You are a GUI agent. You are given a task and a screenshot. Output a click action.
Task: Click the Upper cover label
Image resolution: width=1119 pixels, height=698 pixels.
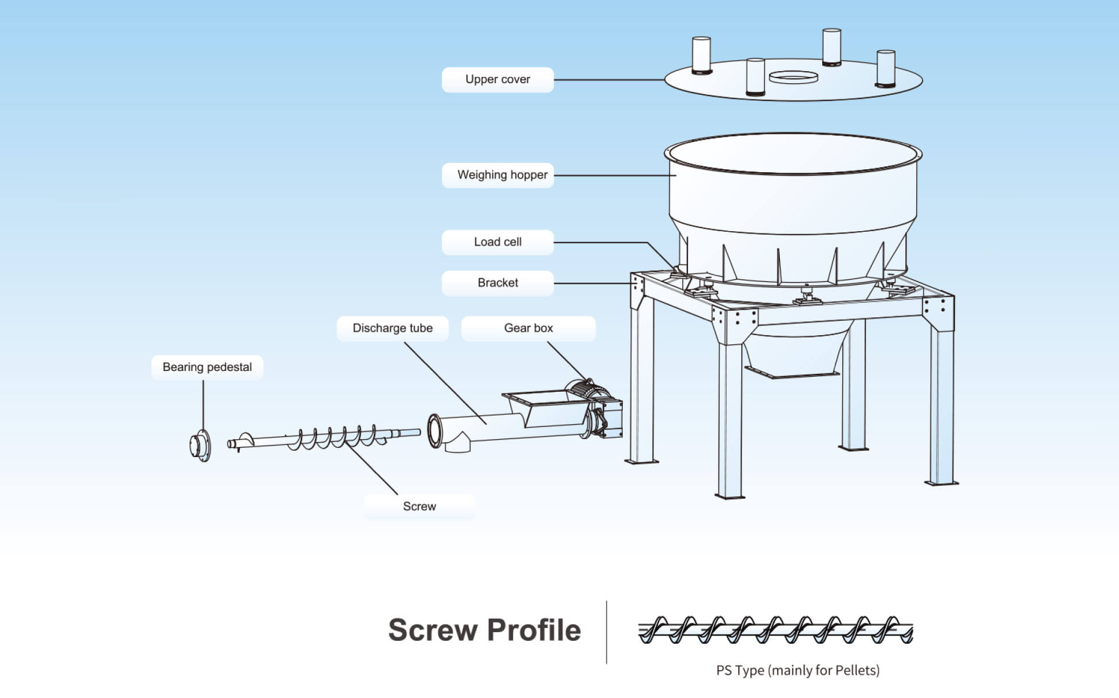click(497, 80)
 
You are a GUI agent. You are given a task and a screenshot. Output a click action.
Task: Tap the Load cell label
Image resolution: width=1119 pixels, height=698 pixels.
click(497, 242)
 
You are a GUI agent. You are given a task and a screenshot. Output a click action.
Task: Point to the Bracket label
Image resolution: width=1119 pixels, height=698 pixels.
click(497, 283)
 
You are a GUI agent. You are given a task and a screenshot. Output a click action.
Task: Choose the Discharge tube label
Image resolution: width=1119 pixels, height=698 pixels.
click(392, 328)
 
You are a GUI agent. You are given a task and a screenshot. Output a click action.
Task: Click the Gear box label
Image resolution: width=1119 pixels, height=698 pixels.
click(528, 328)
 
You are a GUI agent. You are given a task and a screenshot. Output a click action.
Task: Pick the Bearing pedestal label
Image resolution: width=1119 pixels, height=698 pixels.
click(207, 367)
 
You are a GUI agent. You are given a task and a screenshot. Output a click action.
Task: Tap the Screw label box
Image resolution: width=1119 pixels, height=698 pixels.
click(419, 507)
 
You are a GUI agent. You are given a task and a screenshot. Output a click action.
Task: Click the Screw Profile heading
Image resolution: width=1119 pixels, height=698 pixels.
click(484, 630)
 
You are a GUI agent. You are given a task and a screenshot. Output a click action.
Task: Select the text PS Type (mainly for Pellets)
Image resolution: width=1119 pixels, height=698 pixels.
click(798, 670)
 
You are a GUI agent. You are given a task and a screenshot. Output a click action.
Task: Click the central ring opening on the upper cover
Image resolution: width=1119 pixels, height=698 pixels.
click(793, 77)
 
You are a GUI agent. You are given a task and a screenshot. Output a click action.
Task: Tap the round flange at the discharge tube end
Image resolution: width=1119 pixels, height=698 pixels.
click(434, 430)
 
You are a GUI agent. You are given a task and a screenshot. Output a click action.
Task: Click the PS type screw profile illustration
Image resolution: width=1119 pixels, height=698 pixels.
click(775, 630)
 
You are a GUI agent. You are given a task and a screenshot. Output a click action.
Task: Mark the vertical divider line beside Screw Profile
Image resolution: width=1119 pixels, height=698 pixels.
click(607, 632)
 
